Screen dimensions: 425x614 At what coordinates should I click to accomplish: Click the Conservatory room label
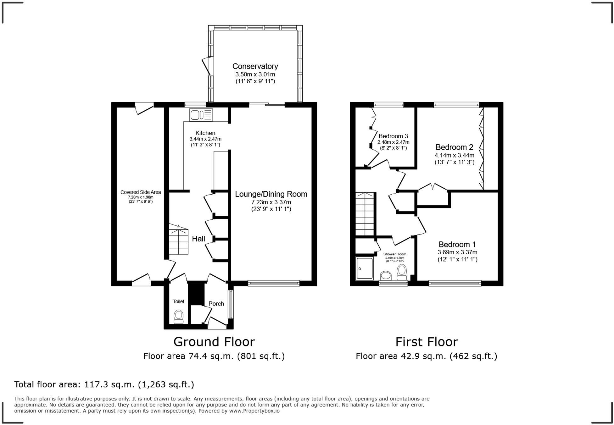tap(255, 66)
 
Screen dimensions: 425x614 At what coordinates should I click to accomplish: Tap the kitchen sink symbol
tap(201, 115)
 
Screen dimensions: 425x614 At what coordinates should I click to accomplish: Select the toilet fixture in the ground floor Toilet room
tap(179, 316)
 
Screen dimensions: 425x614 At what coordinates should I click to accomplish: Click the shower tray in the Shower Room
tap(365, 268)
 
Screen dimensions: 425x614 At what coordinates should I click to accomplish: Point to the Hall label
tap(198, 239)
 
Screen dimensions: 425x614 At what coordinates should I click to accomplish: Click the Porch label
tap(216, 304)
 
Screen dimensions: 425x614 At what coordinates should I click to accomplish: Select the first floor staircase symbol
tap(365, 214)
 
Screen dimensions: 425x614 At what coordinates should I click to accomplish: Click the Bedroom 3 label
tap(393, 136)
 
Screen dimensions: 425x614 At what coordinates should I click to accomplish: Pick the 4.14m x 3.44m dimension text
tap(454, 155)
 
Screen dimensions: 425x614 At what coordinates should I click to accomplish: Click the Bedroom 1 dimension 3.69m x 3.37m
tap(457, 252)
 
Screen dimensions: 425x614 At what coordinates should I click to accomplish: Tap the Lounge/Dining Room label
tap(271, 194)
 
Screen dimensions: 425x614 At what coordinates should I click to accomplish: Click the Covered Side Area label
tap(141, 192)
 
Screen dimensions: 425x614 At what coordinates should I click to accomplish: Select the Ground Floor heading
tap(214, 342)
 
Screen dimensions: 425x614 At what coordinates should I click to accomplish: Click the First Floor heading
tap(427, 342)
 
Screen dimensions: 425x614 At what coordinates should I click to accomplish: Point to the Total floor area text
tap(104, 384)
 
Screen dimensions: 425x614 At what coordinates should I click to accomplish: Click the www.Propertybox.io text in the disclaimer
tap(254, 411)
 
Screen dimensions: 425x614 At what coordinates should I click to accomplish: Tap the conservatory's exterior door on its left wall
tap(207, 66)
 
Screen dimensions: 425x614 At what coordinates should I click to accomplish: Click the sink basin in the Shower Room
tap(386, 276)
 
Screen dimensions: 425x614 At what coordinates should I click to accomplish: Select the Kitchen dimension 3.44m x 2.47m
tap(205, 139)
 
